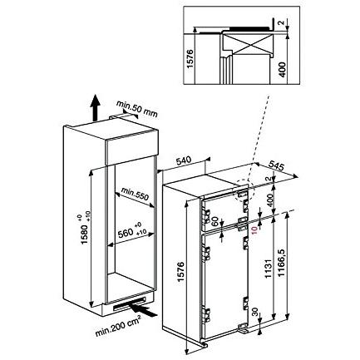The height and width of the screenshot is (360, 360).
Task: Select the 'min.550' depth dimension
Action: coord(133,193)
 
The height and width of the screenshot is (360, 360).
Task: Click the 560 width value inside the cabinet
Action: coord(125,229)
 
